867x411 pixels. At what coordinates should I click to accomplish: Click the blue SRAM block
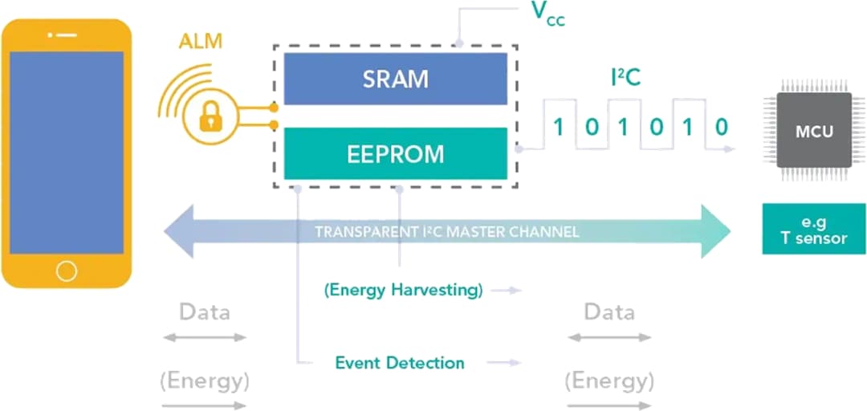point(395,79)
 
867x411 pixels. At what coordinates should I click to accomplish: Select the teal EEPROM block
point(395,153)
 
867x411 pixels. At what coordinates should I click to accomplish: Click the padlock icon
point(210,117)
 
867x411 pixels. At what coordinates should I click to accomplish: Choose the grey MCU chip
point(813,130)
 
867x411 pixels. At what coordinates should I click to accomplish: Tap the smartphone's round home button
point(66,270)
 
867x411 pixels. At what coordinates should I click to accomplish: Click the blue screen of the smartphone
point(66,153)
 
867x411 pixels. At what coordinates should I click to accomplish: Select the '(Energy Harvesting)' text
point(403,291)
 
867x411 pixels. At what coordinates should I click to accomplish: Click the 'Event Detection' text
point(399,363)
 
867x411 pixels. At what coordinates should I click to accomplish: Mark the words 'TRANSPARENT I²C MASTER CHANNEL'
point(446,233)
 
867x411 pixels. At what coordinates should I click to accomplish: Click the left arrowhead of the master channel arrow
point(178,232)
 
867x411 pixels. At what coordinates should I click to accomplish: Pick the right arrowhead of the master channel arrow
point(714,232)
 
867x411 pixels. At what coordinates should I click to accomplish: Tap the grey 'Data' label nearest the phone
point(204,311)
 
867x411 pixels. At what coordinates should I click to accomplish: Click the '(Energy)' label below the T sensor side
point(609,380)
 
